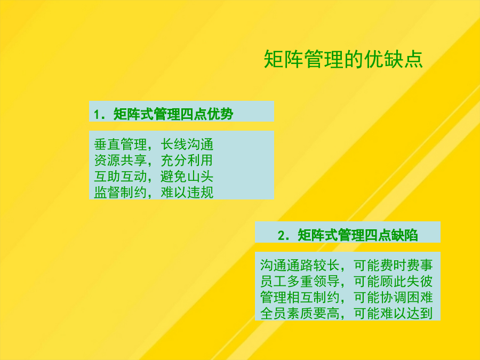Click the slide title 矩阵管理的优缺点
pos(343,59)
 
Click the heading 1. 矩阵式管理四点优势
pos(164,114)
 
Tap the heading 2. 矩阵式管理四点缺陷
pos(348,235)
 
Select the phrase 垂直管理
pos(120,144)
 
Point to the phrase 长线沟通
pos(187,144)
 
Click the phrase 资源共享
pos(120,160)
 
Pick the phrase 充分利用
pos(187,160)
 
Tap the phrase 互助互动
pos(120,177)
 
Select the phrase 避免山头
pos(187,177)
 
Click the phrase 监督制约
pos(120,192)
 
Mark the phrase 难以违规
pos(187,192)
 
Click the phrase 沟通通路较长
pos(300,265)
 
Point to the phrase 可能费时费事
pos(393,265)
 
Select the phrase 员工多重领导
pos(300,281)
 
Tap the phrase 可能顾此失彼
pos(393,281)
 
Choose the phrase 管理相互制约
pos(300,297)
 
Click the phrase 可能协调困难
pos(393,297)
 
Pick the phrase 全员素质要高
pos(300,313)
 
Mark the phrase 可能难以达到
pos(393,313)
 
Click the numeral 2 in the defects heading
pos(282,236)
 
